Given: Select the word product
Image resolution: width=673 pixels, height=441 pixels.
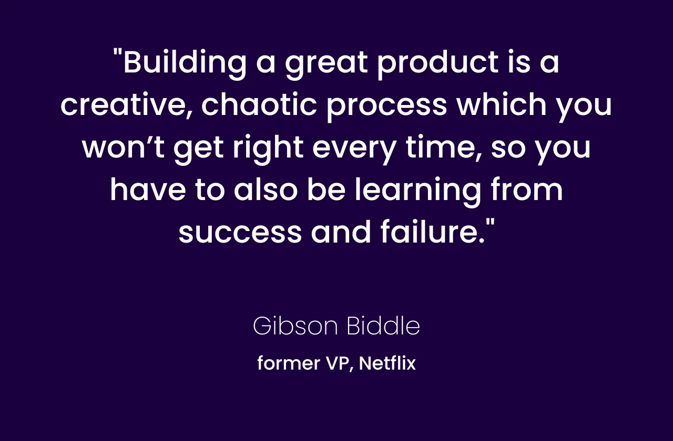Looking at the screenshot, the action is click(x=437, y=64).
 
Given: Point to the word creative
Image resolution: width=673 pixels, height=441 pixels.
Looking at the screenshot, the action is click(x=126, y=105).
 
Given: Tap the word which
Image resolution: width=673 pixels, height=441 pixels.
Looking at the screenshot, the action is click(x=501, y=104).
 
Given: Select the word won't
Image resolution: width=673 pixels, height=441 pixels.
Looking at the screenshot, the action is click(x=123, y=147).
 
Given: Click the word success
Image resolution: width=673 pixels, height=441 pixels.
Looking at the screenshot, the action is click(x=240, y=233).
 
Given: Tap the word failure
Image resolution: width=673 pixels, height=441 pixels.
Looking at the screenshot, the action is click(x=433, y=232).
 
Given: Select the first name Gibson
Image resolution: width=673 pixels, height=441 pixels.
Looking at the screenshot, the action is click(x=295, y=326).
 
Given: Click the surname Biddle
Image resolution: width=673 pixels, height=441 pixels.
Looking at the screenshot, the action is click(x=384, y=325).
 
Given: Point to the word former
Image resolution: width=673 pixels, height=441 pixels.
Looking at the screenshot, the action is click(x=289, y=363).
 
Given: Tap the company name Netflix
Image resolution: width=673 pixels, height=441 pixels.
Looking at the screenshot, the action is click(x=388, y=363).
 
